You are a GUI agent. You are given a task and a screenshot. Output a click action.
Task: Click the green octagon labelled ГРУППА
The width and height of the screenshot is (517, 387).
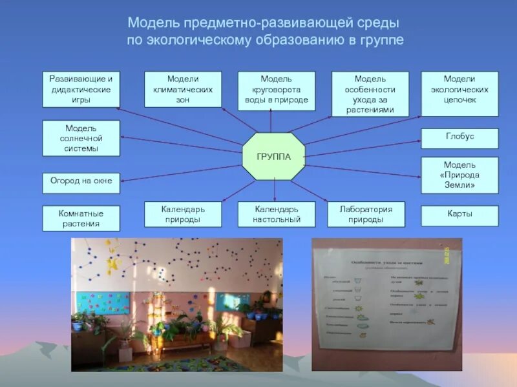[273, 157]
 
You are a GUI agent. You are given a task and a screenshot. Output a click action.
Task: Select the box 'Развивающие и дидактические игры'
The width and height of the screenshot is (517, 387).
[81, 89]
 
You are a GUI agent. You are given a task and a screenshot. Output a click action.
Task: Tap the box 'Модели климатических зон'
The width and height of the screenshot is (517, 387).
[183, 89]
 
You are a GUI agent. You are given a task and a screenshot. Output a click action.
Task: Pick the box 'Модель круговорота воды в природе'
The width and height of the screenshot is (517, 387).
[277, 89]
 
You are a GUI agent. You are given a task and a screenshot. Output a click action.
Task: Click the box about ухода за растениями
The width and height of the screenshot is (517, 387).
[370, 94]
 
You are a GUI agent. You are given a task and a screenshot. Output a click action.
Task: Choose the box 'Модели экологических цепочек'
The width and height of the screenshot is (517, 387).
[459, 89]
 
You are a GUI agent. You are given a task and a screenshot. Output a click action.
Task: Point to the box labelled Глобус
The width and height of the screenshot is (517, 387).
[459, 137]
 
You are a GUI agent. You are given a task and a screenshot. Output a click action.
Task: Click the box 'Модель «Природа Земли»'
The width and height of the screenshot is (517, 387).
[459, 174]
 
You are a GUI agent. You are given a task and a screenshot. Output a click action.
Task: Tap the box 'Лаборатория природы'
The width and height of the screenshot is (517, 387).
[366, 214]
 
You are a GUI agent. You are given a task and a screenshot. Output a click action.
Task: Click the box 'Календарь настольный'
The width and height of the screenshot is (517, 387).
[277, 214]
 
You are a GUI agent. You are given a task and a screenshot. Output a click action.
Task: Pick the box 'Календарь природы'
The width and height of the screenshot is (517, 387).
[183, 214]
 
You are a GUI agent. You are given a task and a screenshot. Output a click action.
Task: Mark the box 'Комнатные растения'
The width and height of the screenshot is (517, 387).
[81, 218]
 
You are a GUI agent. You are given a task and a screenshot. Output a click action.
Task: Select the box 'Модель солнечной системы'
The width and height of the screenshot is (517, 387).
[81, 138]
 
